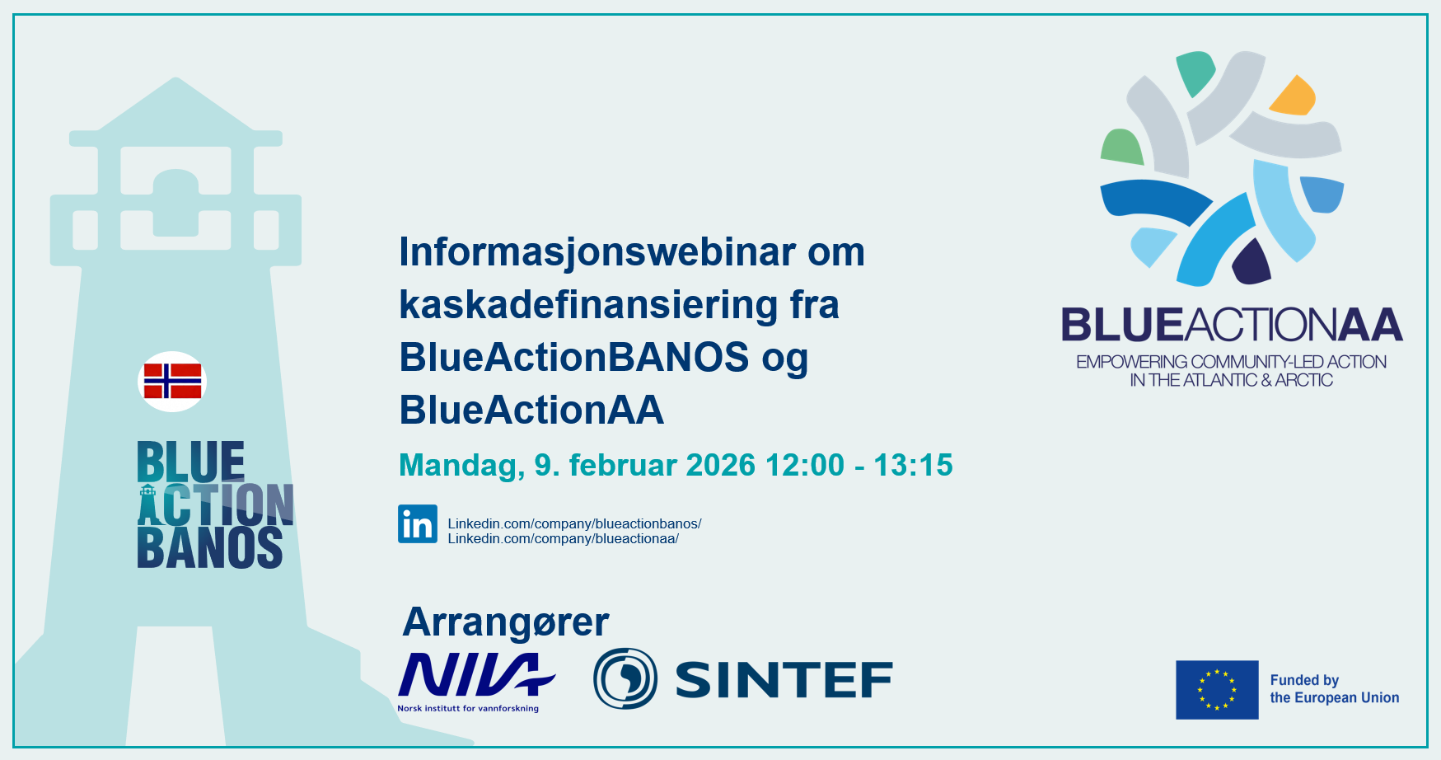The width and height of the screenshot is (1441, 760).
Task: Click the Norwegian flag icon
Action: pos(172,382)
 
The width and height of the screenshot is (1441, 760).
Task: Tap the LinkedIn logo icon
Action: pos(418,524)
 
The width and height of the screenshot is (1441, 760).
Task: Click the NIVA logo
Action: pos(476,675)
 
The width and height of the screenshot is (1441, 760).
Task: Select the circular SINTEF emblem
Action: pos(625,678)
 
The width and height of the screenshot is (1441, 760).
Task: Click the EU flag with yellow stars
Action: pos(1217,690)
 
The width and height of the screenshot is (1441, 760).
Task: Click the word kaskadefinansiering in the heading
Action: pos(588,305)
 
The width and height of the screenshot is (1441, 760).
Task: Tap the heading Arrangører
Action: pos(506,623)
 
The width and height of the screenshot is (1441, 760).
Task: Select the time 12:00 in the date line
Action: pos(805,466)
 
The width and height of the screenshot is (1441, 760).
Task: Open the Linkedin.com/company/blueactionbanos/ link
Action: pos(574,523)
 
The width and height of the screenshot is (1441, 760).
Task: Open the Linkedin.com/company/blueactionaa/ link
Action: pos(563,538)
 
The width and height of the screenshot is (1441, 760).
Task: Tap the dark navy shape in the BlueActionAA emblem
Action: pos(1252,263)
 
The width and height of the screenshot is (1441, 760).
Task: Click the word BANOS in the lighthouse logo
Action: pos(210,548)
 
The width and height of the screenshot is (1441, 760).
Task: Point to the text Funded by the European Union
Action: pos(1335,689)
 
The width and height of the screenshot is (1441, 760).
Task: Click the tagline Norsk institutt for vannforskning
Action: pos(468,708)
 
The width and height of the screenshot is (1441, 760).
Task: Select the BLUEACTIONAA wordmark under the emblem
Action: pos(1232,325)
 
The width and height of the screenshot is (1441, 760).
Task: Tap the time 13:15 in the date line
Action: pos(913,466)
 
